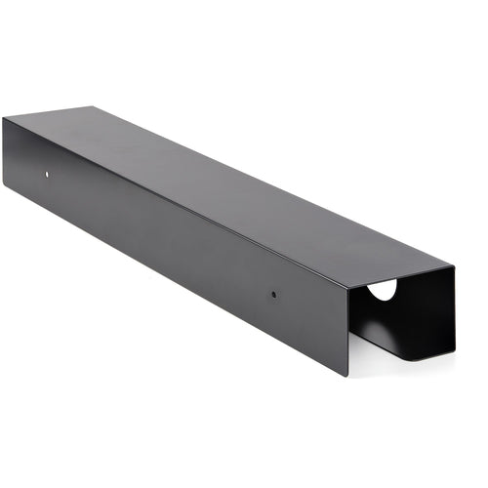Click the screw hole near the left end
(46, 175)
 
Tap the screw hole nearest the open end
(273, 293)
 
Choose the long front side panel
(176, 244)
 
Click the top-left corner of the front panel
(4, 119)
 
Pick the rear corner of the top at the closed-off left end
(93, 106)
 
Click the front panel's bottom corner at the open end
(347, 374)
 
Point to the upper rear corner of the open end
(455, 265)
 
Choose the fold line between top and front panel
(176, 202)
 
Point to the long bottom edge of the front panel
(176, 278)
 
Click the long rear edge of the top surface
(273, 185)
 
